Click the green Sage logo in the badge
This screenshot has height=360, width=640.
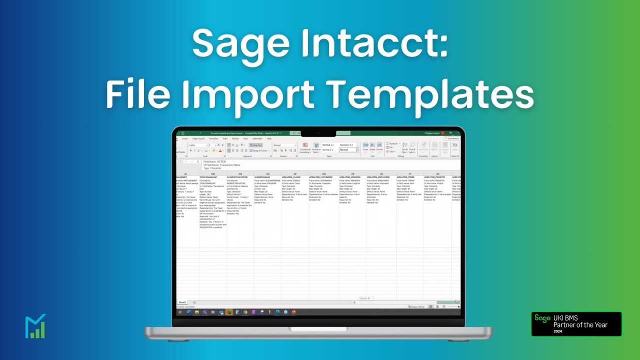542,318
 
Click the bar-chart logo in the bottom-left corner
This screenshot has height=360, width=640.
35,326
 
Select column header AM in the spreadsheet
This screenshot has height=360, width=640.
213,174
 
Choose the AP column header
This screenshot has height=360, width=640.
295,174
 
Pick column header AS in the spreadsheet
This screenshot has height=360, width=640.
381,174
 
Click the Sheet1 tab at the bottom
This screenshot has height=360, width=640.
182,302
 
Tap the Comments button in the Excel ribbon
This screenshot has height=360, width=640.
452,138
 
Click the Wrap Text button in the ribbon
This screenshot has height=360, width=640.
256,145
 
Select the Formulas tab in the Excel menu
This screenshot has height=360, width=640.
213,138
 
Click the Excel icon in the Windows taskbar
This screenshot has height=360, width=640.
229,312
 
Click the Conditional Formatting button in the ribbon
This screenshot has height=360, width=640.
305,147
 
